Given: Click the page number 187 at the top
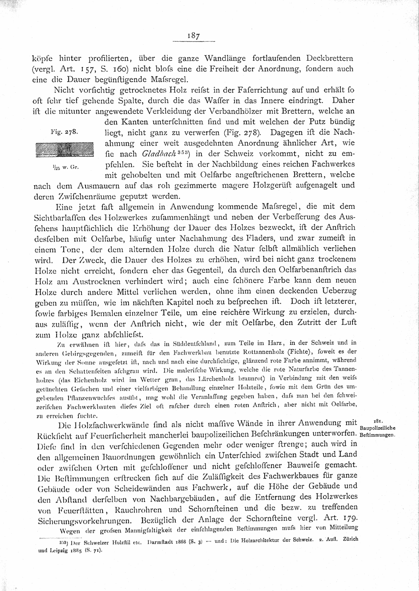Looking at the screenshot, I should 194,35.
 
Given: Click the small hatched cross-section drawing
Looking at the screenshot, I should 65,150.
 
